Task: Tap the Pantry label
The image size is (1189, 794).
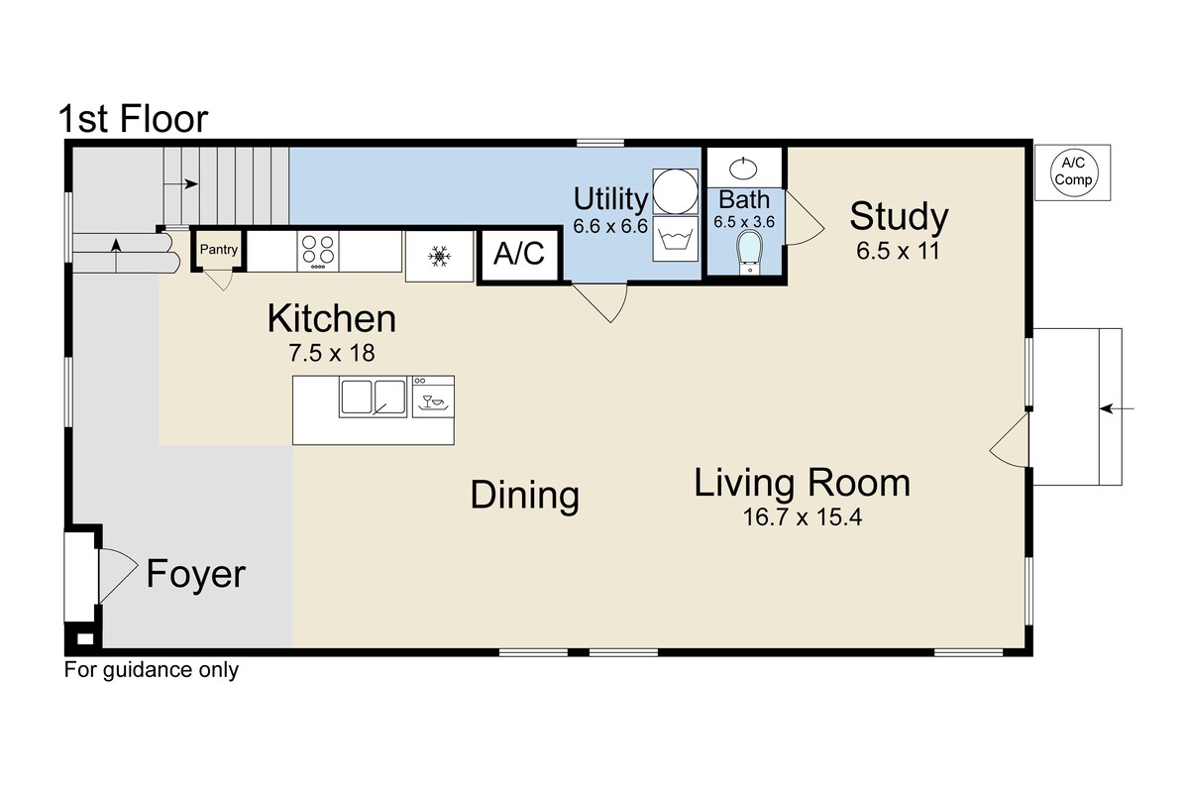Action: (x=219, y=249)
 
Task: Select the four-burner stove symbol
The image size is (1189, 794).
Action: (x=317, y=251)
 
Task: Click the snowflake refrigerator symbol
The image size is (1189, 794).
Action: (x=439, y=256)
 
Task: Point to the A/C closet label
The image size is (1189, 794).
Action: (x=519, y=253)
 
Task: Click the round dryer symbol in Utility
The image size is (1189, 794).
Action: (x=675, y=191)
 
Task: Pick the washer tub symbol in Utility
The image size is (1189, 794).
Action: (x=675, y=239)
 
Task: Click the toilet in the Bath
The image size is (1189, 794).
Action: (x=749, y=253)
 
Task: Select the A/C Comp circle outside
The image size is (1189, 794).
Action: (x=1073, y=172)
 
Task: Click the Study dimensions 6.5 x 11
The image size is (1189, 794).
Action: (x=898, y=251)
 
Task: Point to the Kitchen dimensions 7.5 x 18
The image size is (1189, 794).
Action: (x=332, y=353)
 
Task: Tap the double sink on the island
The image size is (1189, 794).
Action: (x=374, y=397)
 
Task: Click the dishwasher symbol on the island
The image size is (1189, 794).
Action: (x=434, y=397)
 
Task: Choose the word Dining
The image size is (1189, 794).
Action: (x=524, y=495)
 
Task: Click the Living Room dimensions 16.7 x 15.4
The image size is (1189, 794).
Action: (x=802, y=517)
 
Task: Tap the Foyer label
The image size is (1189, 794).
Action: (x=196, y=574)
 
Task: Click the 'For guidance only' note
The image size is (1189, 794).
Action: (x=152, y=670)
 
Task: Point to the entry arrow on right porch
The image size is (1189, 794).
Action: (x=1117, y=409)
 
